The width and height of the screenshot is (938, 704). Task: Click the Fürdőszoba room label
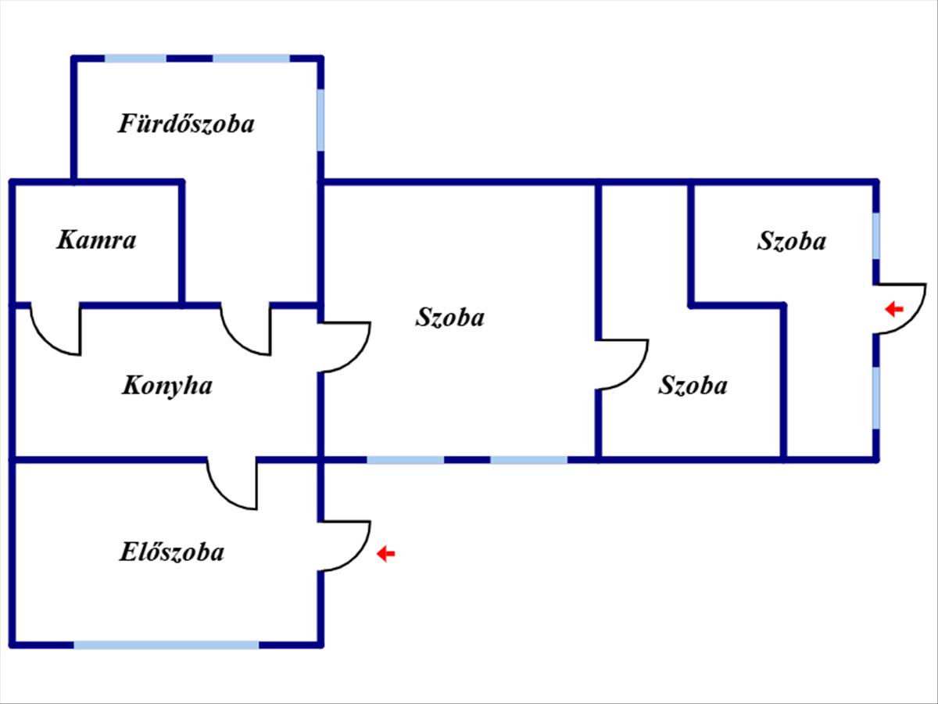[x=186, y=124]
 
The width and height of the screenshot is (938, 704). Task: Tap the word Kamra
[x=95, y=239]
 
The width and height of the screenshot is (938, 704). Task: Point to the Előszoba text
[x=171, y=552]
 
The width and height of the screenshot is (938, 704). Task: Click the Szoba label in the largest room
[x=449, y=318]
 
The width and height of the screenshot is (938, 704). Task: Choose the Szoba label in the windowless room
[x=693, y=386]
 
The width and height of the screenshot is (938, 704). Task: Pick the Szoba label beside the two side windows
[x=790, y=241]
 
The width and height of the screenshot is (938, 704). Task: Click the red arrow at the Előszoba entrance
[x=385, y=554]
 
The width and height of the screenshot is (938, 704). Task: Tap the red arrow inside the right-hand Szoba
[x=893, y=310]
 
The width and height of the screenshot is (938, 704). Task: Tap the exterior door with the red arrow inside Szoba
[x=900, y=308]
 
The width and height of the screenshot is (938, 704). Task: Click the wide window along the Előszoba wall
[x=166, y=645]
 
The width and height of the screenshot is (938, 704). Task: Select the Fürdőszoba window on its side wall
[x=320, y=120]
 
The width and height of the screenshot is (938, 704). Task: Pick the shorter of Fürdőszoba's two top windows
[x=135, y=58]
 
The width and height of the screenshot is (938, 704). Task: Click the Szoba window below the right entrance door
[x=876, y=397]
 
